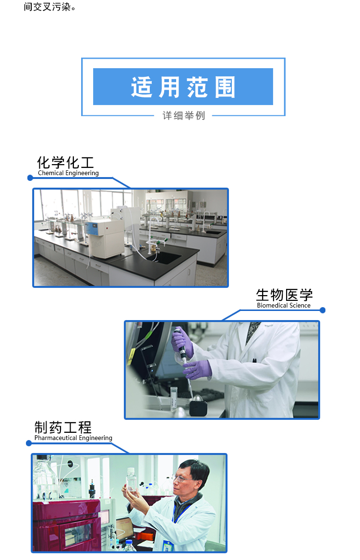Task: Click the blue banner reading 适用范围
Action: point(183,86)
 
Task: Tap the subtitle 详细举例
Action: point(183,115)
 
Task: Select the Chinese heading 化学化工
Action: point(65,163)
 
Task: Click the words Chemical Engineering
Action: point(68,173)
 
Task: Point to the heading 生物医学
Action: point(284,295)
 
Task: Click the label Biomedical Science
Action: point(284,305)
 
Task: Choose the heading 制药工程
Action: point(63,428)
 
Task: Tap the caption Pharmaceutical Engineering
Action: point(73,438)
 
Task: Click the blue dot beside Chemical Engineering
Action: point(30,178)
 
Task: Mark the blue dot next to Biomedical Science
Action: point(323,310)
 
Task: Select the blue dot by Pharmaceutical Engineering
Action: point(29,443)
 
